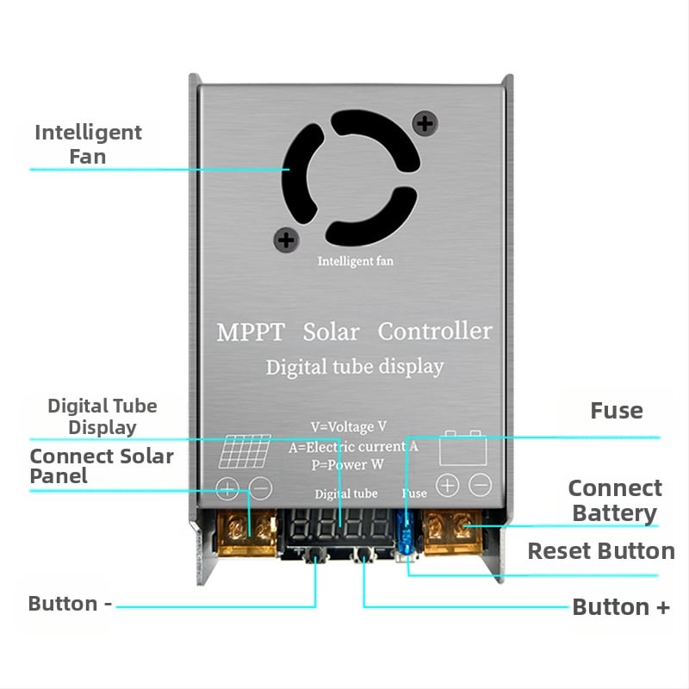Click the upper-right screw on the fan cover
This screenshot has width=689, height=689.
point(424,124)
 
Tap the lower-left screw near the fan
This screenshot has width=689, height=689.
point(286,239)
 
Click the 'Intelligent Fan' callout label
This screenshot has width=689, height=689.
point(88,144)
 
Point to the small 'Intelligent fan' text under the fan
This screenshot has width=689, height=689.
point(355,261)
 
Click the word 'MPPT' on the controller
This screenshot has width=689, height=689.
point(250,332)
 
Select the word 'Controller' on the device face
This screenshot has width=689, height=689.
point(435,331)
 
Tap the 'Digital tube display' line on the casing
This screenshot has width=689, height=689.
point(355,367)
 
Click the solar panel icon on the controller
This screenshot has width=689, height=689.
point(243,450)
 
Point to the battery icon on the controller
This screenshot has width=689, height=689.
point(463,449)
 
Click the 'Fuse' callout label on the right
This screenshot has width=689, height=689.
point(617,411)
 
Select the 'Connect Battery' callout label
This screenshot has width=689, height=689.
point(615,500)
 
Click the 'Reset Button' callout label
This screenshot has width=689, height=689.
point(601,551)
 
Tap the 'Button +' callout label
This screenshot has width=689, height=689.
point(621,607)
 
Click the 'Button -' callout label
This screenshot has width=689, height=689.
point(71,604)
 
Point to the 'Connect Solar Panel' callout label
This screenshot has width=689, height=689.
point(101,465)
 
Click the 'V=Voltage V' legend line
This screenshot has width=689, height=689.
point(349,426)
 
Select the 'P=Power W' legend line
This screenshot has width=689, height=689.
point(349,465)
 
